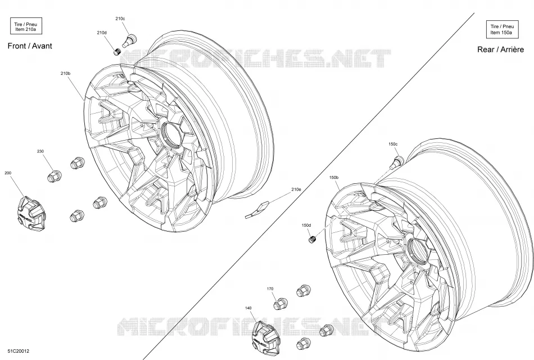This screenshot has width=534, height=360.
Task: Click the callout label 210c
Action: tap(120, 19)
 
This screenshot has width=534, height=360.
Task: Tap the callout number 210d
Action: tap(102, 33)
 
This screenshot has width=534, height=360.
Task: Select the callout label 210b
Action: tap(65, 73)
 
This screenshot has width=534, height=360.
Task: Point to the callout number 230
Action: tap(40, 151)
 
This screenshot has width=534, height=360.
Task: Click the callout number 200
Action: tap(8, 173)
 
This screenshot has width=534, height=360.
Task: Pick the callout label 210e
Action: tap(296, 189)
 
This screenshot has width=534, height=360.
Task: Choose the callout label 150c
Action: tap(393, 144)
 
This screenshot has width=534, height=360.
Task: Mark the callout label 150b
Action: tap(334, 178)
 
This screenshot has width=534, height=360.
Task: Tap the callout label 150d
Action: tap(306, 226)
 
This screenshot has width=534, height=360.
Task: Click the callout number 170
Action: tap(270, 289)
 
